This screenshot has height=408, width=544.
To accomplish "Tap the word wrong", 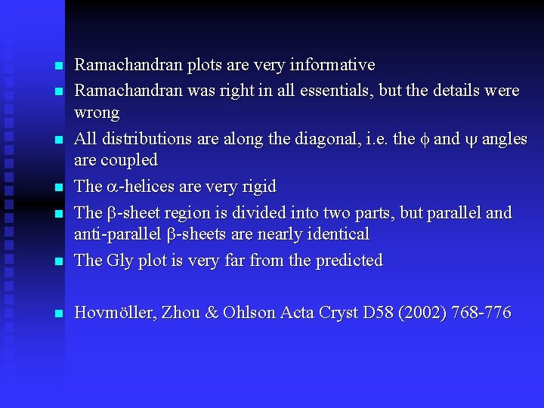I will click(97, 113).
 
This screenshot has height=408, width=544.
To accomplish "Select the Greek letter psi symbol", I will click(471, 139).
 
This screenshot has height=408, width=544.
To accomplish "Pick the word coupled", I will click(128, 160).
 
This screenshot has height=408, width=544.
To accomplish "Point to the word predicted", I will click(348, 261).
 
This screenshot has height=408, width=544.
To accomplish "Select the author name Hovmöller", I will click(121, 312).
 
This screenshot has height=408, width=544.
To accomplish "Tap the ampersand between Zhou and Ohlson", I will click(212, 312).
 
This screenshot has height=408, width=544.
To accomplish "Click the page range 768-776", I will click(481, 312).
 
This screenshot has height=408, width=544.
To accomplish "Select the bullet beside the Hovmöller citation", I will click(57, 314).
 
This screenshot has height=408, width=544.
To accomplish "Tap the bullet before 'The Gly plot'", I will click(57, 262).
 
